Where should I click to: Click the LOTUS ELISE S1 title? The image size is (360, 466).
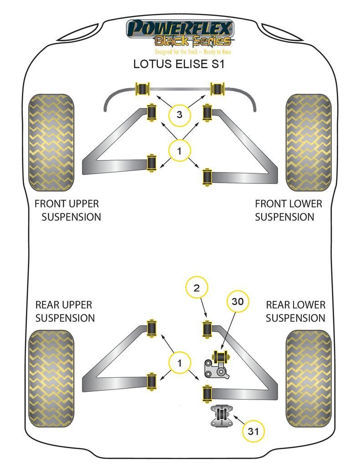[179, 64]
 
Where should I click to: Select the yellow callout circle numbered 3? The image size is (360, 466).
[179, 115]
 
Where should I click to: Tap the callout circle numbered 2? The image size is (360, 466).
[197, 288]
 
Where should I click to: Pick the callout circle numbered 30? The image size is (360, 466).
[238, 301]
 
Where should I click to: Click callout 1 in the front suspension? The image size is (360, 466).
[179, 151]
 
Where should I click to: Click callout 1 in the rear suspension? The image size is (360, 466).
[179, 363]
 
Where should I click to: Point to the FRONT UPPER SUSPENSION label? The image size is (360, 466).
[67, 210]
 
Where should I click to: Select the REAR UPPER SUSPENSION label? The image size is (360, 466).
[64, 311]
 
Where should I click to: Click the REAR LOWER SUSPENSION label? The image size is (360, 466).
[295, 311]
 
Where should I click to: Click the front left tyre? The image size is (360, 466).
[51, 142]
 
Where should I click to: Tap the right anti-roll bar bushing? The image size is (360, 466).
[218, 88]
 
